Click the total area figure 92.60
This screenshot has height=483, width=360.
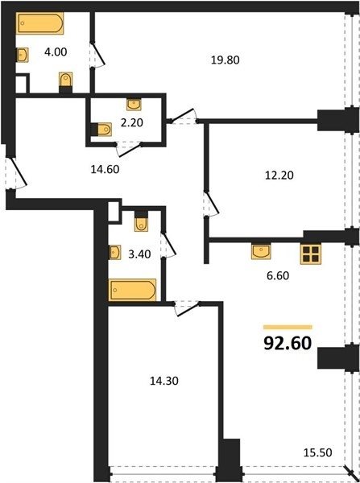pyautogui.click(x=288, y=344)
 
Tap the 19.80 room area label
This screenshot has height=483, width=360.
pyautogui.click(x=226, y=60)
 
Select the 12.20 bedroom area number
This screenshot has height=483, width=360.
pyautogui.click(x=279, y=175)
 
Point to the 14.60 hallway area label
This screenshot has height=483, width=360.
pyautogui.click(x=105, y=169)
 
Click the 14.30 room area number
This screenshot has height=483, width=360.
pyautogui.click(x=164, y=381)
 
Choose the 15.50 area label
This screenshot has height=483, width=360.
pyautogui.click(x=318, y=452)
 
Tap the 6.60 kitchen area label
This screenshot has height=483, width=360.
pyautogui.click(x=278, y=275)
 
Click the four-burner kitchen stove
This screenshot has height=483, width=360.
pyautogui.click(x=311, y=254)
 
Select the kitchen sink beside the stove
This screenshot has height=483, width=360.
pyautogui.click(x=261, y=251)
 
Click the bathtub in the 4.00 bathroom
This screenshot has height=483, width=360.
pyautogui.click(x=39, y=23)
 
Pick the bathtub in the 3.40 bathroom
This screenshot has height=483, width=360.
pyautogui.click(x=132, y=290)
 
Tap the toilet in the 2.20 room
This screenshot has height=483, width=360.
pyautogui.click(x=102, y=130)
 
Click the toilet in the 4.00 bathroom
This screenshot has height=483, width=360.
pyautogui.click(x=66, y=82)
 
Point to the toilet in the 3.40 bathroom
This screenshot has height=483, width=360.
pyautogui.click(x=141, y=221)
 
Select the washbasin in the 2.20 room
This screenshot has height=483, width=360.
pyautogui.click(x=134, y=105)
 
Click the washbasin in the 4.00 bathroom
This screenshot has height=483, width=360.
pyautogui.click(x=23, y=55)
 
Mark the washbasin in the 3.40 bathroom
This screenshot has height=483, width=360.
pyautogui.click(x=114, y=253)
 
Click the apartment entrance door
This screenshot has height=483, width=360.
pyautogui.click(x=16, y=173)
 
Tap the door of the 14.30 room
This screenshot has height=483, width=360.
pyautogui.click(x=187, y=308)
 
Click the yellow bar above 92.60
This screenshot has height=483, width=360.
pyautogui.click(x=288, y=327)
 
